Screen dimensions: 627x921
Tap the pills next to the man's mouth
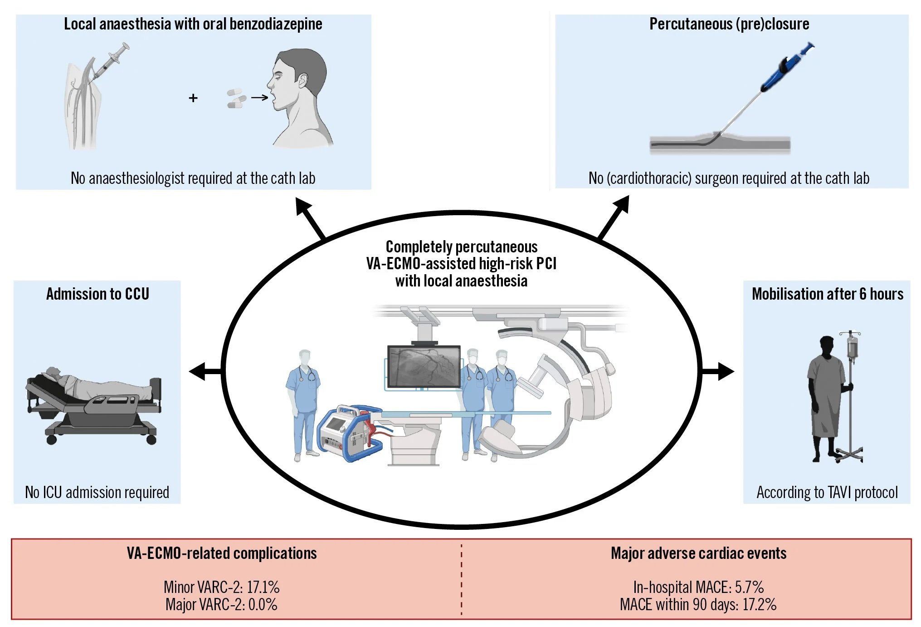pos(236,99)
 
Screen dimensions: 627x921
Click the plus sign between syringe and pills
pos(193,98)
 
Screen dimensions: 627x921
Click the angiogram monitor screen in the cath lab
pos(424,366)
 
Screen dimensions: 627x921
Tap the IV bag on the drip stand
pos(852,347)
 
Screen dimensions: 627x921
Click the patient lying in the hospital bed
pos(91,386)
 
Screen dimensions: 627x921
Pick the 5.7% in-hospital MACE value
pos(749,588)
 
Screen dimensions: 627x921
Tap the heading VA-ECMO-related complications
pos(222,553)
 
